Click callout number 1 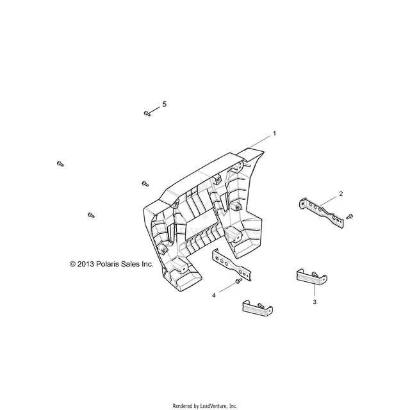(274, 133)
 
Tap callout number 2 (341, 193)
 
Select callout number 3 (315, 302)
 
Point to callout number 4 (214, 295)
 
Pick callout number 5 (164, 104)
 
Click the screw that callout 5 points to (147, 113)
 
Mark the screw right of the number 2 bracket (349, 217)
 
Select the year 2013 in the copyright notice (85, 264)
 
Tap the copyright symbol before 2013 (72, 264)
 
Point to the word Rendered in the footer (182, 406)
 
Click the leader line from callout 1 (260, 142)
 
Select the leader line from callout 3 (315, 290)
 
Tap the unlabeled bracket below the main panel (232, 265)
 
